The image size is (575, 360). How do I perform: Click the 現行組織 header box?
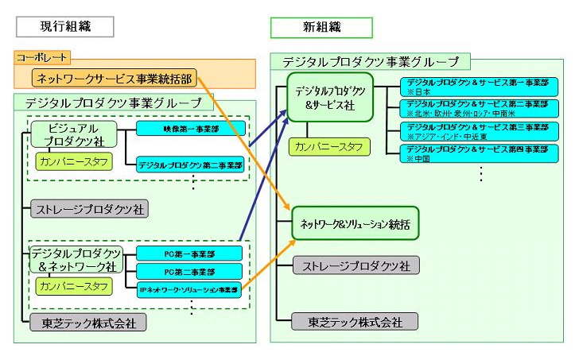click(x=65, y=26)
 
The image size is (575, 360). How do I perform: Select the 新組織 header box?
click(x=321, y=26)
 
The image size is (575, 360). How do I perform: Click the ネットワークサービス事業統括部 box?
click(x=115, y=78)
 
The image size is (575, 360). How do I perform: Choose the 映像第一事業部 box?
click(x=189, y=127)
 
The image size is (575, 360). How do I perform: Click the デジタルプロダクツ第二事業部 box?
click(x=189, y=165)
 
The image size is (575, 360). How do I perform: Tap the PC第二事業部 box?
click(x=189, y=273)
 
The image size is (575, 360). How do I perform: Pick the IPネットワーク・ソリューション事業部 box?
click(x=189, y=290)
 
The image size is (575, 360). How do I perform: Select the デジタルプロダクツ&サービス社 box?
click(x=330, y=98)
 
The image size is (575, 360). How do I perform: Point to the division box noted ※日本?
click(x=475, y=87)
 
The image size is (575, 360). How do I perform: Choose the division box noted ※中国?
click(x=475, y=153)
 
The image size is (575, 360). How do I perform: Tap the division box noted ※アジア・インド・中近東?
click(x=475, y=130)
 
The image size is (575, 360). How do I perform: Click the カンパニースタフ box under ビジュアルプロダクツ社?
click(x=73, y=161)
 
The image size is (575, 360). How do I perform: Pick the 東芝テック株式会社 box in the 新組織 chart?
click(x=355, y=322)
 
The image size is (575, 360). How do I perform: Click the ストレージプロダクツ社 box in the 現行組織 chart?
click(x=89, y=210)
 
